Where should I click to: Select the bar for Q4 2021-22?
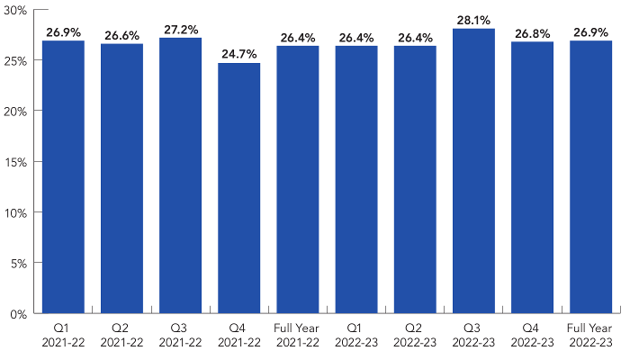(238, 188)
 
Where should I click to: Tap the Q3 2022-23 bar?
(473, 171)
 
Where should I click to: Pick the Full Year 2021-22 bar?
(297, 180)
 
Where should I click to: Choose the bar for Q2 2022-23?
(415, 180)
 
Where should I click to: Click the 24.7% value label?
(238, 56)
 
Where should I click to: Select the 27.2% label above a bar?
(180, 31)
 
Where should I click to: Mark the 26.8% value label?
(532, 34)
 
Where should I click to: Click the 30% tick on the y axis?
(17, 10)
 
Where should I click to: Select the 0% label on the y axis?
(20, 314)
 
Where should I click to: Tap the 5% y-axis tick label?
(20, 264)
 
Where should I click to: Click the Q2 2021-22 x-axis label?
(121, 335)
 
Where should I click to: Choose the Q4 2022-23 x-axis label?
(532, 335)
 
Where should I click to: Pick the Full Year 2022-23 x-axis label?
(590, 335)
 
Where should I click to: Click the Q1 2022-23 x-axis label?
(356, 335)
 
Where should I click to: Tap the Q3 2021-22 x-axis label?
(180, 335)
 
